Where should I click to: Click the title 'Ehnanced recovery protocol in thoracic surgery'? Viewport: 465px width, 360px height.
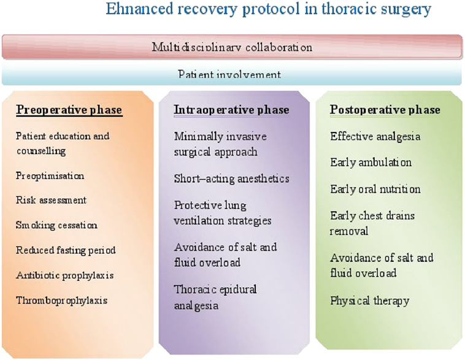[268, 9]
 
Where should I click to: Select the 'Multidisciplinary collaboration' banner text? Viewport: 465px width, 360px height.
[232, 47]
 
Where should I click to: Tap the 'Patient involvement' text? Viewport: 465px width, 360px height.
[229, 74]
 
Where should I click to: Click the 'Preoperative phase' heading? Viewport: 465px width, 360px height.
[69, 110]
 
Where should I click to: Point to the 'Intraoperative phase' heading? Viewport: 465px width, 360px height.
[231, 110]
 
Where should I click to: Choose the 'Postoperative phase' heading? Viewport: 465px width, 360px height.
[385, 110]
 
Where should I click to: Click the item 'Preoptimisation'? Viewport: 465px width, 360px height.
[50, 176]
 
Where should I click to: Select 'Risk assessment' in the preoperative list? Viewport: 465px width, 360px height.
[51, 200]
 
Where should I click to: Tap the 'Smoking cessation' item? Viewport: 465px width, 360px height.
[56, 225]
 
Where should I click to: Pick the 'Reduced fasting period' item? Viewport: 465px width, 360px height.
[66, 250]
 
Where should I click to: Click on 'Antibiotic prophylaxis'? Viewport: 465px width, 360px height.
[64, 275]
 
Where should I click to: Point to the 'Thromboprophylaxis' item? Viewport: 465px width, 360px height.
[62, 301]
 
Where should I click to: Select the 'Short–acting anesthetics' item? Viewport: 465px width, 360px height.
[231, 178]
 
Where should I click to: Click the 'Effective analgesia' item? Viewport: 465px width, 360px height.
[375, 136]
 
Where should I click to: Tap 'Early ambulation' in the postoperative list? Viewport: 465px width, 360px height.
[371, 163]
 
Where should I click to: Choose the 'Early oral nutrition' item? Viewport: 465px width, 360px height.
[375, 189]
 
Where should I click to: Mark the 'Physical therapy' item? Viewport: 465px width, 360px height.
[369, 301]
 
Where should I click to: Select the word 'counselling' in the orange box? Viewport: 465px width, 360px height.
[41, 151]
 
